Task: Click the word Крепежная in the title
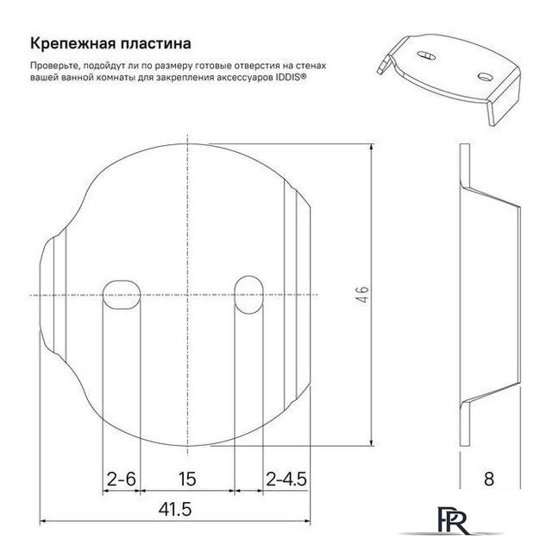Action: [71, 42]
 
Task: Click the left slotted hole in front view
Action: [121, 295]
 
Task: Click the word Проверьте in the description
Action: [53, 65]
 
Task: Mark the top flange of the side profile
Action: [464, 164]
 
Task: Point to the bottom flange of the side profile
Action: [464, 423]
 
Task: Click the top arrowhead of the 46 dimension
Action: [370, 148]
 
